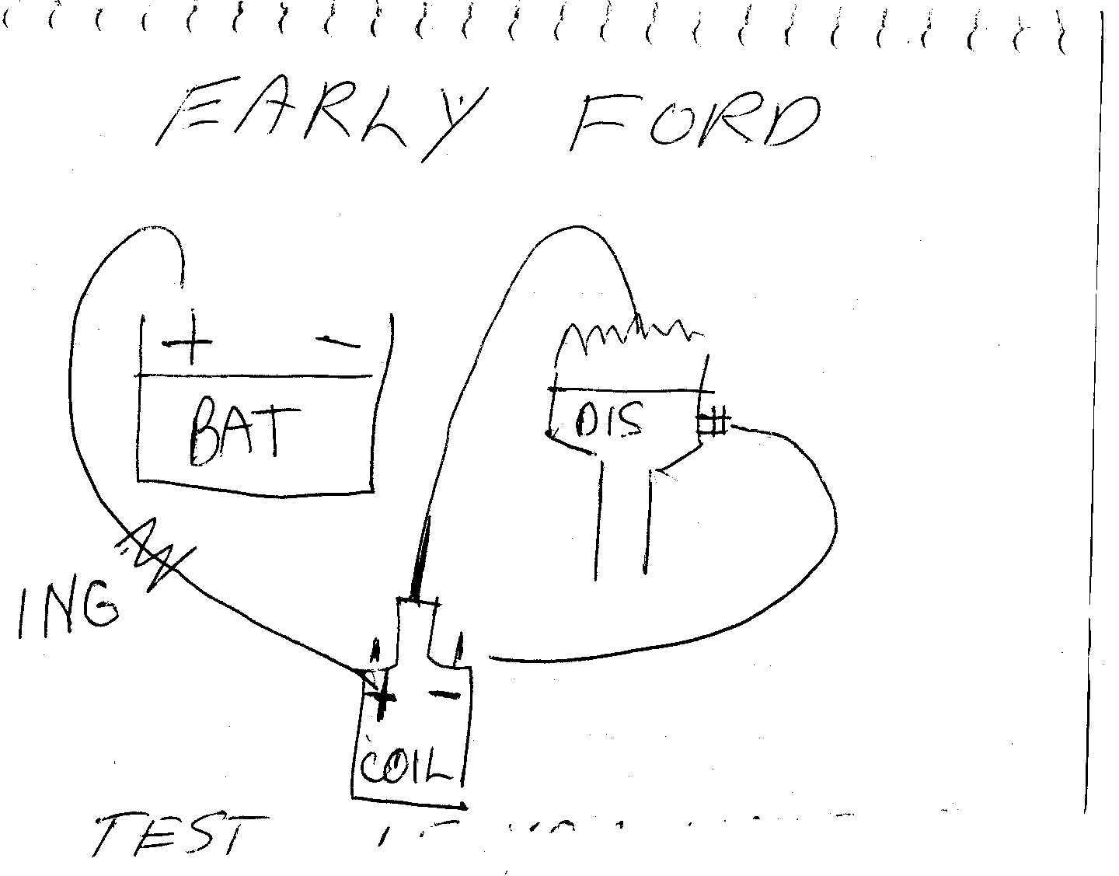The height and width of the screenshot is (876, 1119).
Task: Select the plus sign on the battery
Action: click(x=187, y=343)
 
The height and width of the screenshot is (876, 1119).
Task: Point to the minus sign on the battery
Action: click(x=339, y=341)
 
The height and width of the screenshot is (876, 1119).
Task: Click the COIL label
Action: click(x=406, y=765)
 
